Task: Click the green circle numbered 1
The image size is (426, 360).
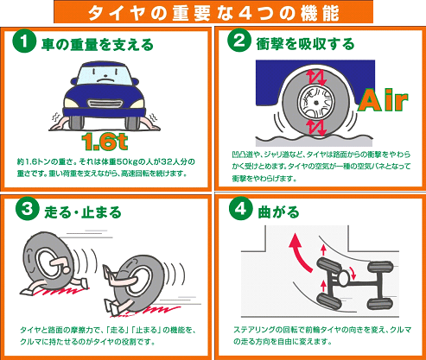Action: point(24,41)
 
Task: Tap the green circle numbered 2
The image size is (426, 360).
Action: point(238,41)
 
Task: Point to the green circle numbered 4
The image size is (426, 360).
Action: point(240,209)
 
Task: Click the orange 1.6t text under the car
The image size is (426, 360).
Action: point(105,142)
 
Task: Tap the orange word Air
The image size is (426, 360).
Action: point(383,99)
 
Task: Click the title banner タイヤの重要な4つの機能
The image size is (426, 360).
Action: point(213,12)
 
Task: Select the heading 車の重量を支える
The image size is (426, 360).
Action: point(98,45)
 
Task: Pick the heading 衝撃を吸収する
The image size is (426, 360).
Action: point(305,44)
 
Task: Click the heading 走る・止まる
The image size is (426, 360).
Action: point(83,212)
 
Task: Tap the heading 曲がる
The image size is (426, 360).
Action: point(278,212)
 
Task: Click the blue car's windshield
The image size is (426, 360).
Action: point(105,74)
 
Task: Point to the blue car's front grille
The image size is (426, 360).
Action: point(104,104)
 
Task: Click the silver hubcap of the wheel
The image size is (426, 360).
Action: point(316,102)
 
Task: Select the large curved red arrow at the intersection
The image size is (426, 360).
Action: point(299,253)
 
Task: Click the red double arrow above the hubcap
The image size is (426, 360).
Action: point(316,77)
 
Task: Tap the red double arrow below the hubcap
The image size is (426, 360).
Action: point(316,127)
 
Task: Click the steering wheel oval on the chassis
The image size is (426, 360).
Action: point(344,278)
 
